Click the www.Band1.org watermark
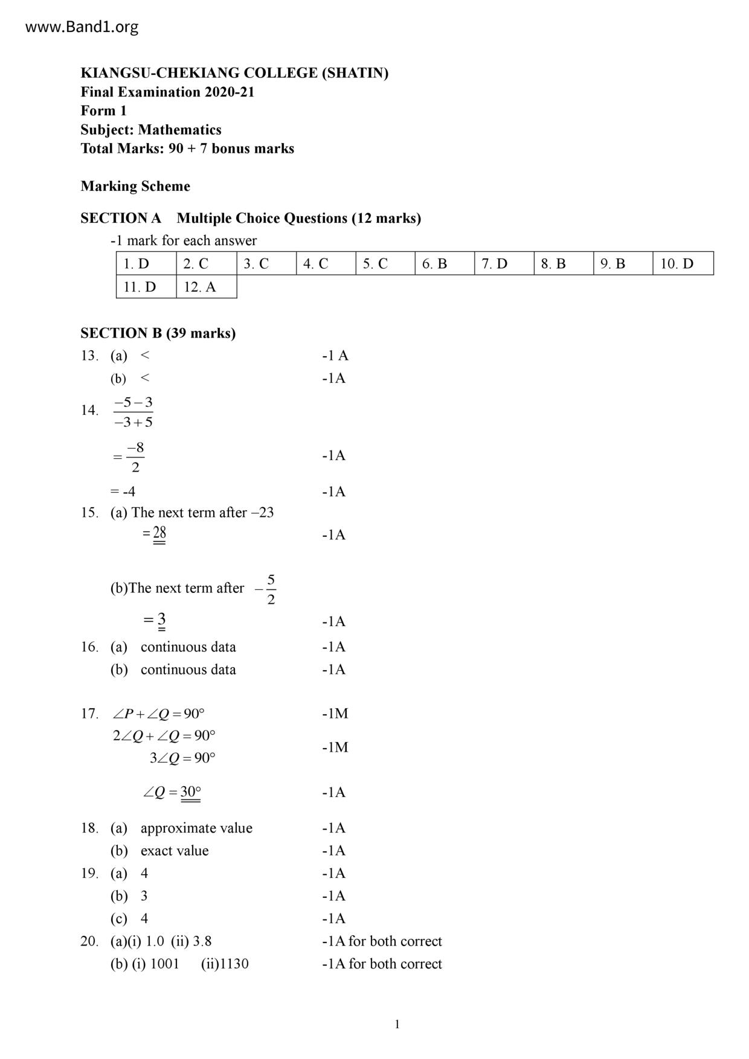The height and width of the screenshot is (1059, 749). (82, 27)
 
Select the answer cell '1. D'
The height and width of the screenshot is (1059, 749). (146, 264)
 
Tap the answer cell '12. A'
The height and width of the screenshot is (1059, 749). (206, 287)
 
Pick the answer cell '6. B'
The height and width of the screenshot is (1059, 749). (444, 264)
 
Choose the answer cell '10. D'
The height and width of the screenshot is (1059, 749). (683, 264)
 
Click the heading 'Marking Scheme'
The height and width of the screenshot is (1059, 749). (135, 186)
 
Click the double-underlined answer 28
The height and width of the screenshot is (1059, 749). (159, 533)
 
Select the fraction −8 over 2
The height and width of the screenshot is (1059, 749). (135, 457)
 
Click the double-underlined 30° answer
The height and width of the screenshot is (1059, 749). (190, 792)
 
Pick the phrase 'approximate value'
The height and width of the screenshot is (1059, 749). (196, 828)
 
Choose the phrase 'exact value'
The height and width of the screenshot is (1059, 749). (175, 851)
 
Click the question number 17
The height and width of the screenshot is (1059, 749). (89, 714)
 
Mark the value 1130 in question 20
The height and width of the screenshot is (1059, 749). (234, 964)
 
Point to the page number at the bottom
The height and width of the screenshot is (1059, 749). (397, 1024)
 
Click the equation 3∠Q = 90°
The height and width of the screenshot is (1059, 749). (182, 758)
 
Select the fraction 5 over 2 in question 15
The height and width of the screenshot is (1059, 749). (270, 589)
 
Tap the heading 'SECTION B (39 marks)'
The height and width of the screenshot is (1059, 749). (158, 333)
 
